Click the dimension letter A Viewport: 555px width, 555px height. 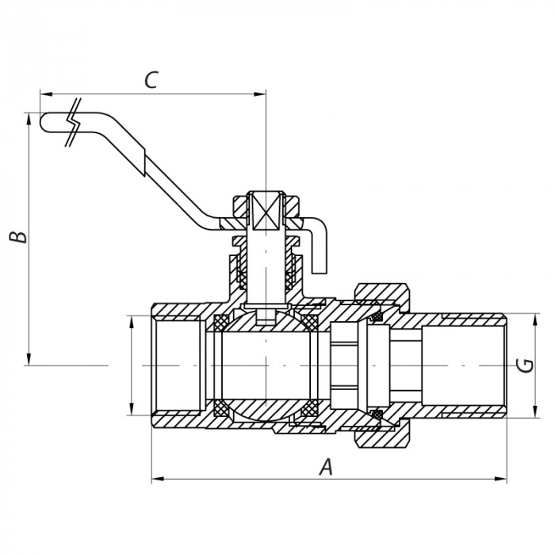click(324, 468)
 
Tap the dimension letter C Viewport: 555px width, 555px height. click(151, 80)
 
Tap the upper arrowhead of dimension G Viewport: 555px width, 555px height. click(537, 316)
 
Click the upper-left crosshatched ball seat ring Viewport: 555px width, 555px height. click(221, 323)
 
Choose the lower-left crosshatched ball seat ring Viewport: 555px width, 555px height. click(221, 408)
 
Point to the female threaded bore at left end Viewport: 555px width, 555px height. click(179, 366)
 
